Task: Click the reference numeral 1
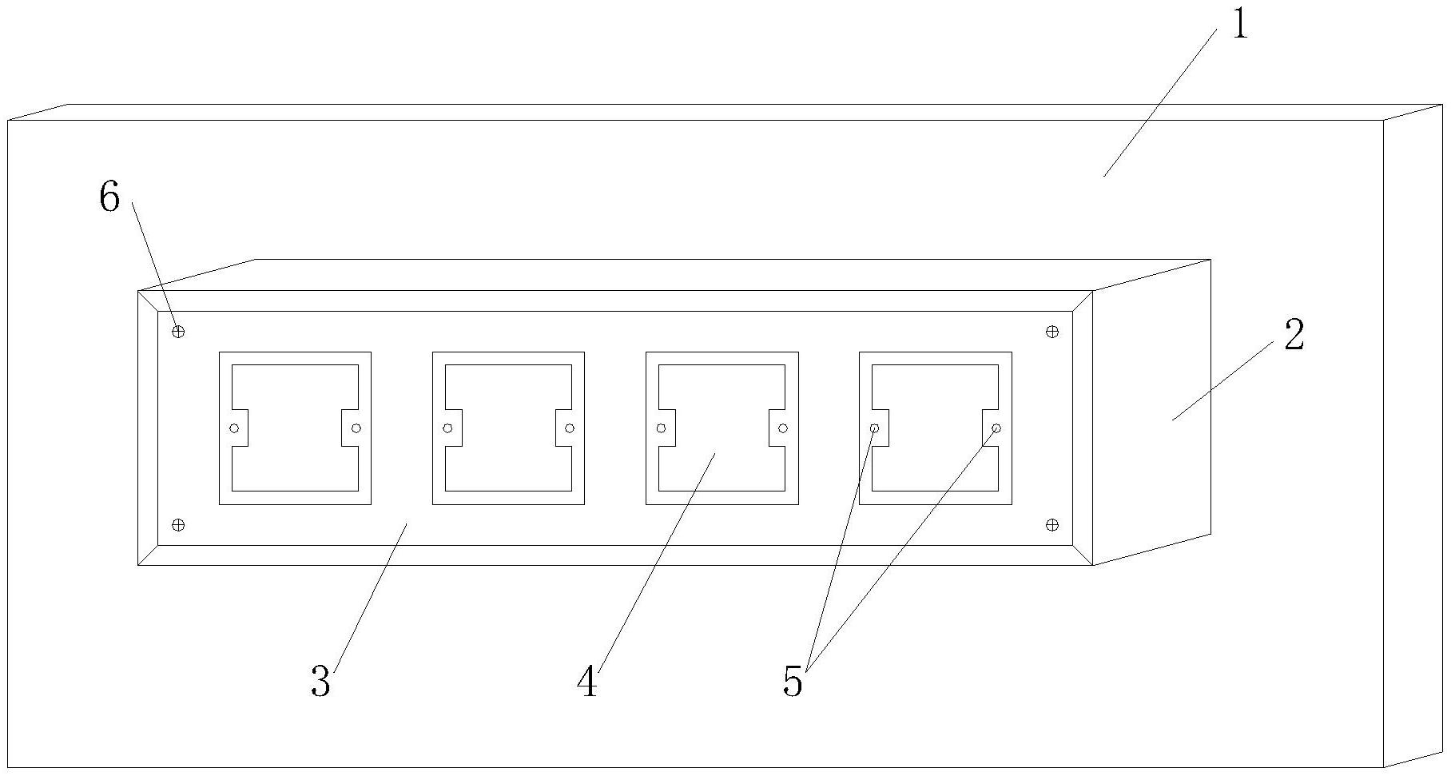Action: [x=1238, y=25]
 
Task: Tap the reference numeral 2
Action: [x=1294, y=336]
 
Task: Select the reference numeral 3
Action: [x=320, y=682]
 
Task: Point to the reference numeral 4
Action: [x=587, y=682]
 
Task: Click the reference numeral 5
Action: [x=793, y=682]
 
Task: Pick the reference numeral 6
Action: [x=109, y=197]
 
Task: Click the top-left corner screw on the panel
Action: [x=178, y=331]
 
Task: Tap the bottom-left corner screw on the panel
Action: [x=178, y=524]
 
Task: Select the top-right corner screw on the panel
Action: [x=1052, y=331]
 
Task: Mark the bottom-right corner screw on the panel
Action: [x=1052, y=524]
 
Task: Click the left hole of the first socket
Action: [x=235, y=428]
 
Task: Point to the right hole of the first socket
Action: [x=356, y=428]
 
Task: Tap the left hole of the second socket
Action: [x=448, y=428]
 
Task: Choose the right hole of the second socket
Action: [x=570, y=428]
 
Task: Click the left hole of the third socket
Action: [x=662, y=428]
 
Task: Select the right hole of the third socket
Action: [x=783, y=428]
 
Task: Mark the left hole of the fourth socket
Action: [x=875, y=428]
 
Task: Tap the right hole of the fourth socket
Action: [x=996, y=428]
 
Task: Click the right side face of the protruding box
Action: [x=1151, y=412]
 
